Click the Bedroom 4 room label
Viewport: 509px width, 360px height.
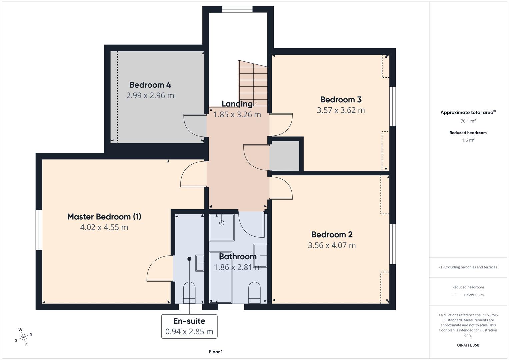(150, 85)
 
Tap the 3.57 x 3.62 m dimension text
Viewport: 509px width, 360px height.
(341, 110)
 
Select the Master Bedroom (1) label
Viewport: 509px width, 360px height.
(104, 217)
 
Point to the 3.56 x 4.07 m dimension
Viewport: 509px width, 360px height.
(332, 245)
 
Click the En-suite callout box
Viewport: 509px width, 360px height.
(189, 326)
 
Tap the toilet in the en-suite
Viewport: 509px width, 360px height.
(189, 293)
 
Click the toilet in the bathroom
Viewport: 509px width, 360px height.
(255, 293)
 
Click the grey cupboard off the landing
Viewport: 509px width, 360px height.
(284, 156)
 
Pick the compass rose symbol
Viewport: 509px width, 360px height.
(23, 337)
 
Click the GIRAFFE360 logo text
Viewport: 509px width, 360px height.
(468, 345)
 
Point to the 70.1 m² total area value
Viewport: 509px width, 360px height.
(468, 121)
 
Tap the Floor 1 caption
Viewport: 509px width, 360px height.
(216, 352)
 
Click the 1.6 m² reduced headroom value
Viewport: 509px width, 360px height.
(468, 140)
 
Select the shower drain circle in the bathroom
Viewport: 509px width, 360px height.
(222, 223)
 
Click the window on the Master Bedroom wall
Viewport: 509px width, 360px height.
(39, 230)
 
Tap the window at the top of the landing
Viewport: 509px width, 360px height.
(237, 9)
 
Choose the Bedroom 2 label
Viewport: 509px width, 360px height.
(332, 235)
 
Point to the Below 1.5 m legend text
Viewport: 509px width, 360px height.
(474, 295)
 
